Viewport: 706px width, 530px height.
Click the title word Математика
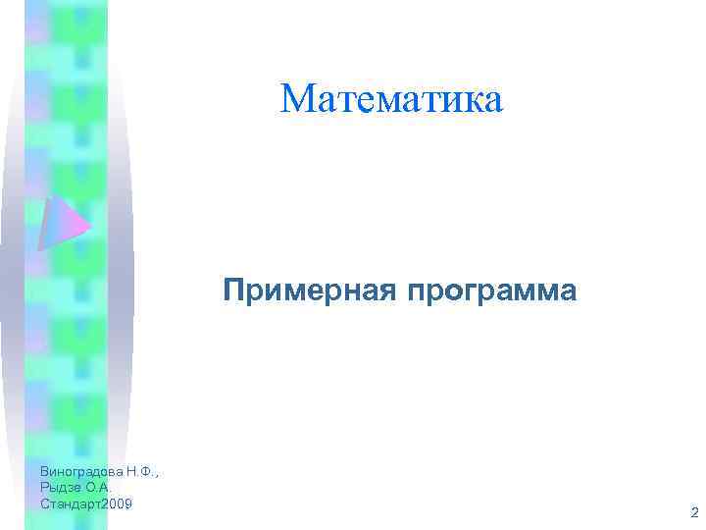point(391,99)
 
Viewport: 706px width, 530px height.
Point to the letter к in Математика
point(465,101)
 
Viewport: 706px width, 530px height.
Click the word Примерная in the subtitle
point(309,291)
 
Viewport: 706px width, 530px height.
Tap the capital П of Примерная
point(233,291)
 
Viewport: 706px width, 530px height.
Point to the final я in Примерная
point(386,292)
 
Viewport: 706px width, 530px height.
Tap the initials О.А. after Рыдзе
point(100,487)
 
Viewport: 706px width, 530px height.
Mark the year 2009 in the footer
point(117,503)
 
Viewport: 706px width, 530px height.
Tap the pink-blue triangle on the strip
point(60,225)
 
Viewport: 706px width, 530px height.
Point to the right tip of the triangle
point(89,228)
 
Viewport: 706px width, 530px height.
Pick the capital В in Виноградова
point(45,472)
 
